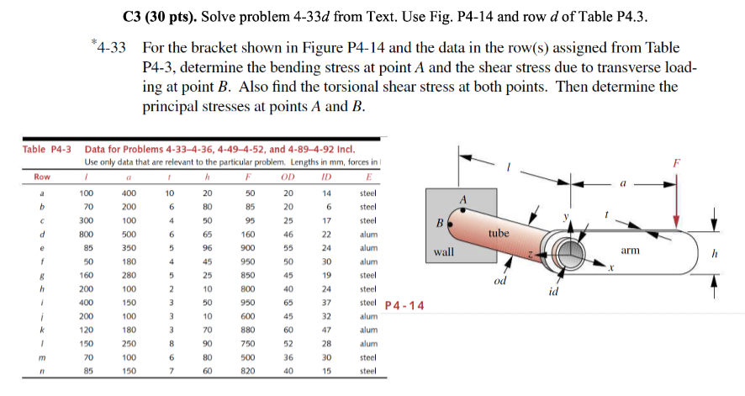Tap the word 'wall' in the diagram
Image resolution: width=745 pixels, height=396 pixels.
(445, 252)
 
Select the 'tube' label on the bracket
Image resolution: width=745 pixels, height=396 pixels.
(499, 232)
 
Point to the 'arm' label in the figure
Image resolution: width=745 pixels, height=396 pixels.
(631, 250)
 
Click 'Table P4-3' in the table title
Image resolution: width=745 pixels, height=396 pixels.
(46, 149)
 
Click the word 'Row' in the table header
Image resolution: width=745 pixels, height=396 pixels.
(41, 177)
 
